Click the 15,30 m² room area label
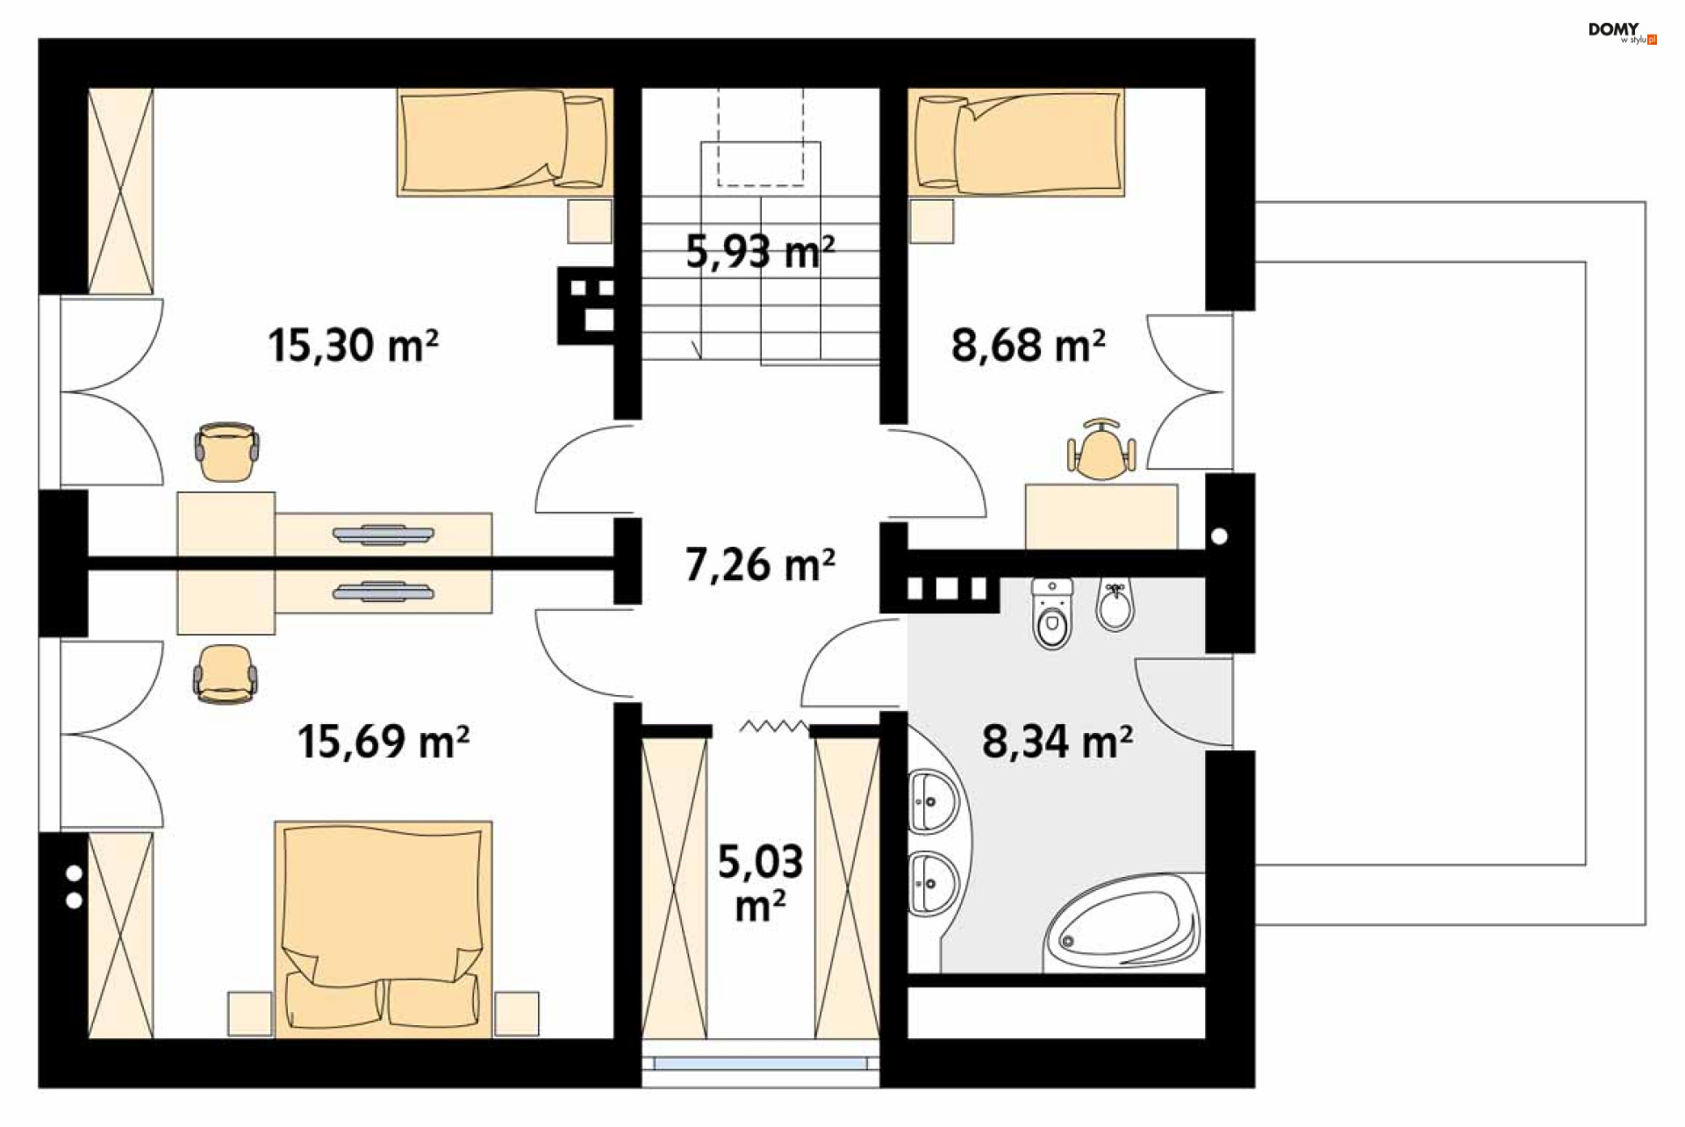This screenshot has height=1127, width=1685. [353, 344]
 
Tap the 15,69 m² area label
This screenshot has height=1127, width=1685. [384, 741]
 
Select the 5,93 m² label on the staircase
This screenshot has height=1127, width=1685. [760, 251]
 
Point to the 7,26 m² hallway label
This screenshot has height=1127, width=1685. [760, 564]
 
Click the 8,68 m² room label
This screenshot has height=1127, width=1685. [1029, 344]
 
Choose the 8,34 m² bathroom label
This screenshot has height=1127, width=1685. [1058, 741]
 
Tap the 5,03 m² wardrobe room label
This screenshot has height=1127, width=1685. [760, 882]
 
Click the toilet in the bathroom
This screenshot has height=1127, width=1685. [1051, 613]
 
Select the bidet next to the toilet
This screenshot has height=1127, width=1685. [1115, 604]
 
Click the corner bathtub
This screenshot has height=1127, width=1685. [1122, 922]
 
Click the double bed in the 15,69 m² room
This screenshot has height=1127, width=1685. [384, 930]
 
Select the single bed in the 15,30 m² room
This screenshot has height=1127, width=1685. [505, 141]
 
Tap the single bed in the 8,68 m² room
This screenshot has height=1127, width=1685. [1016, 141]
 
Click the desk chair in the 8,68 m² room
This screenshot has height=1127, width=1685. [1101, 451]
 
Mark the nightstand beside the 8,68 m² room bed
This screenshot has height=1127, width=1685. [931, 221]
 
